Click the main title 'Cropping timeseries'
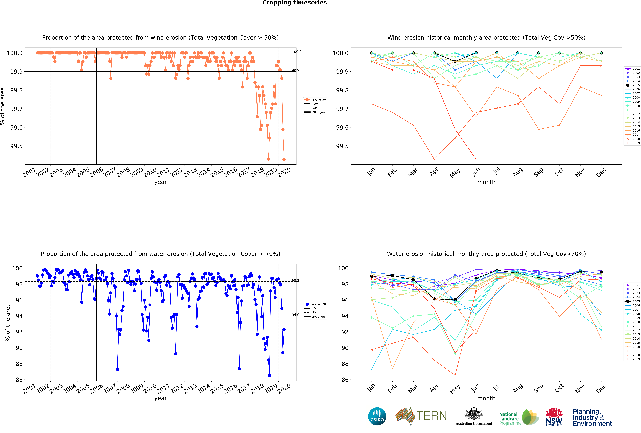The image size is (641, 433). (x=294, y=3)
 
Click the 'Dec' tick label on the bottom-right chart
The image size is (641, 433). (x=601, y=388)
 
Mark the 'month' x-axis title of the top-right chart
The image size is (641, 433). (x=486, y=182)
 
